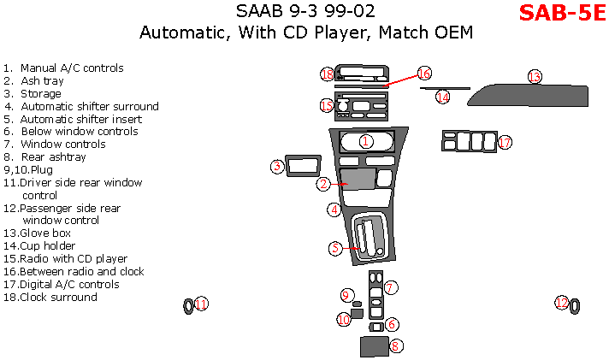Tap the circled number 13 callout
coord(535,77)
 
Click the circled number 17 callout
coord(505,142)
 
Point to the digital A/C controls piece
coord(468,140)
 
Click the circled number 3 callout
coord(278,167)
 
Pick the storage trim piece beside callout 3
coord(301,165)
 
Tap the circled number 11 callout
coord(201,304)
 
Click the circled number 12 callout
coord(561,303)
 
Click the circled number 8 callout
coord(396,346)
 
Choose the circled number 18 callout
coord(327,74)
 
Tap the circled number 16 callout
coord(424,74)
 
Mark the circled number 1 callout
coord(366,141)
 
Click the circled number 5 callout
coord(336,248)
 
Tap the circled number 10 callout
coord(344,319)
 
